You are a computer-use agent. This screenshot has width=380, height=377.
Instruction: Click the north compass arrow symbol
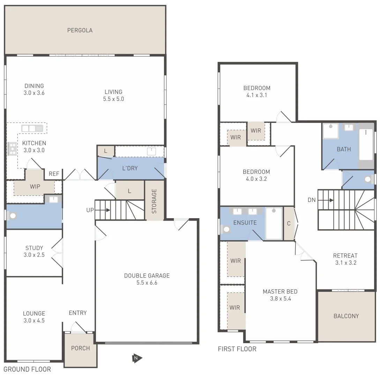137,358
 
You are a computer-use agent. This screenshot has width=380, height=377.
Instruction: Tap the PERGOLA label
80,30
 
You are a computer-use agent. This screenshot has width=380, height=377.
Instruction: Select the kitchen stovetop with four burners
12,149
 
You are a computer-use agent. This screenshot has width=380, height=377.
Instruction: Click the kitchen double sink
32,128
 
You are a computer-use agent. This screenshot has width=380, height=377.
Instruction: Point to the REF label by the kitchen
54,174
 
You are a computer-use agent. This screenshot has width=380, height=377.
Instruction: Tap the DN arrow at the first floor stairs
330,200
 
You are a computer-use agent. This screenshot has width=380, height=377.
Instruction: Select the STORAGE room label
154,201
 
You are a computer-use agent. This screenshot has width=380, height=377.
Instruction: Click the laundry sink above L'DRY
151,151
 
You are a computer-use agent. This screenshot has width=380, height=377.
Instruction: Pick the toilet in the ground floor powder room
13,215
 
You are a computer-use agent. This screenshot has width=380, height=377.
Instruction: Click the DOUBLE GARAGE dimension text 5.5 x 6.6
147,283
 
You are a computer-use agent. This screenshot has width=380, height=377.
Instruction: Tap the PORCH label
80,348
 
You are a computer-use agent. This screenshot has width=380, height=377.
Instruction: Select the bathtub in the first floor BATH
366,145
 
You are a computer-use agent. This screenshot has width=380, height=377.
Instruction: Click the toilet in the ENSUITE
226,230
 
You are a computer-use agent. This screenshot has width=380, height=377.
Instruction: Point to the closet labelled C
289,224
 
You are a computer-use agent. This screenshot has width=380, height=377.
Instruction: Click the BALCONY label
346,316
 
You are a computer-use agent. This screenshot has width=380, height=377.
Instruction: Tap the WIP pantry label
35,186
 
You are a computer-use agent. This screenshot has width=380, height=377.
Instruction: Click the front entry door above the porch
79,329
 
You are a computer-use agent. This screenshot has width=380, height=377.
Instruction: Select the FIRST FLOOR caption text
237,349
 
